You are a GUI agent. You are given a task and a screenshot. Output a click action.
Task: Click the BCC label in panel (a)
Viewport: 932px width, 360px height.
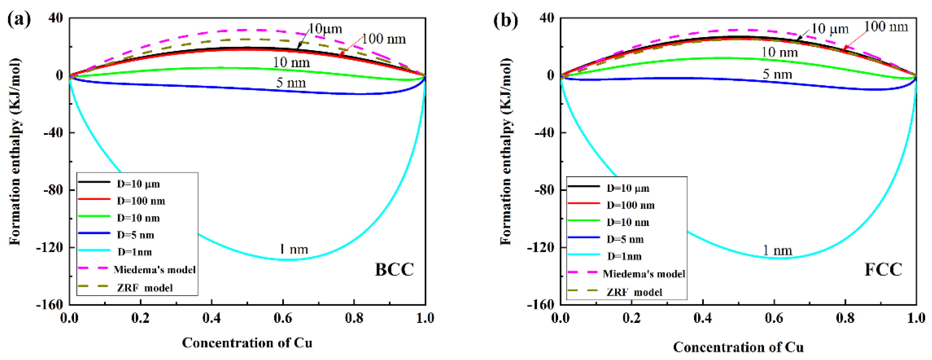[394, 270]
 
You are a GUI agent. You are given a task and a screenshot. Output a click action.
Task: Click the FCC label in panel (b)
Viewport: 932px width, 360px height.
[883, 270]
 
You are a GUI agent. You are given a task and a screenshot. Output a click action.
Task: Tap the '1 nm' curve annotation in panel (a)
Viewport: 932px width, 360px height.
[293, 249]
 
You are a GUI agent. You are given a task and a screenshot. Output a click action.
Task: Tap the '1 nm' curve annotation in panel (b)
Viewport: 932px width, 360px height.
[777, 250]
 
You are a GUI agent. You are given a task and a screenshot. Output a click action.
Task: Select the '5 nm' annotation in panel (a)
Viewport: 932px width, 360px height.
[291, 83]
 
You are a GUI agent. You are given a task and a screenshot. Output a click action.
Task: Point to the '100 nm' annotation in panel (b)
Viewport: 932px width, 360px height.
[886, 27]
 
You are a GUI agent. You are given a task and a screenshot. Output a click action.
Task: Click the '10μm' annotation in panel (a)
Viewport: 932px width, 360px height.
[325, 29]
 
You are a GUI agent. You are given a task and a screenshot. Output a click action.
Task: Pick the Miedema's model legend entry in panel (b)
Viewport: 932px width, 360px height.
[644, 274]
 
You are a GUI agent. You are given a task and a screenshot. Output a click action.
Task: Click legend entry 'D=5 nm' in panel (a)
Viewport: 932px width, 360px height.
[135, 235]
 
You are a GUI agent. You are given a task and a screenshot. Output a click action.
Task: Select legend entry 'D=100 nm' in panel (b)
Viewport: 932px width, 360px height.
[630, 206]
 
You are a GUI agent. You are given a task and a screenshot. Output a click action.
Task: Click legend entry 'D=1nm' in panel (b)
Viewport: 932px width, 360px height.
[624, 257]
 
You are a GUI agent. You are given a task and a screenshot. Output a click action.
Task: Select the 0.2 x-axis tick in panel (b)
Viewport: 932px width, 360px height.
[631, 318]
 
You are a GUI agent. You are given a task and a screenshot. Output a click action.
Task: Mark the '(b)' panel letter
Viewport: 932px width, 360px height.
[506, 20]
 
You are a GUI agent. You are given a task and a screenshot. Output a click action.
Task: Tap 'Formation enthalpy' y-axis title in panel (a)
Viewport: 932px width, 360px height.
[15, 152]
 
